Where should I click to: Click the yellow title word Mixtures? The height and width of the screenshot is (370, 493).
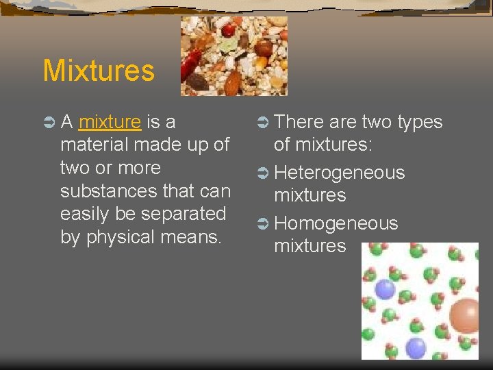click(x=99, y=71)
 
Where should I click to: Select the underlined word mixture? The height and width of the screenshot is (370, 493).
click(x=110, y=123)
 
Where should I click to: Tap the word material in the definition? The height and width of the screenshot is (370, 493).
click(x=96, y=145)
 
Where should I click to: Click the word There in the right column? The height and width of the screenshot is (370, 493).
click(x=299, y=123)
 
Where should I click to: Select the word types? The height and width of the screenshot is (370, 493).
click(x=418, y=123)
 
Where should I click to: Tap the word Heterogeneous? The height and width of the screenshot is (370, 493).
click(x=339, y=173)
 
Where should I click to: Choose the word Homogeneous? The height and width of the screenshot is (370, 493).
click(x=336, y=223)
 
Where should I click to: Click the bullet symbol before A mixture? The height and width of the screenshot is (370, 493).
click(x=49, y=123)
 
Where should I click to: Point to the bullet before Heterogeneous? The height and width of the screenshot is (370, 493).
click(x=262, y=173)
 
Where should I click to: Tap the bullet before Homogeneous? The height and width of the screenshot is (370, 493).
click(x=262, y=223)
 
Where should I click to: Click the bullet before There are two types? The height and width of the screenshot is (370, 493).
click(x=262, y=123)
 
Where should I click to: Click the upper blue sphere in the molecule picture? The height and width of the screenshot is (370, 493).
click(x=385, y=288)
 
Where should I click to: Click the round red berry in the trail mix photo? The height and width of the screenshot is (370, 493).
click(x=228, y=30)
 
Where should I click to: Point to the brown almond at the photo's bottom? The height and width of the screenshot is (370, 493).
click(x=233, y=83)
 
